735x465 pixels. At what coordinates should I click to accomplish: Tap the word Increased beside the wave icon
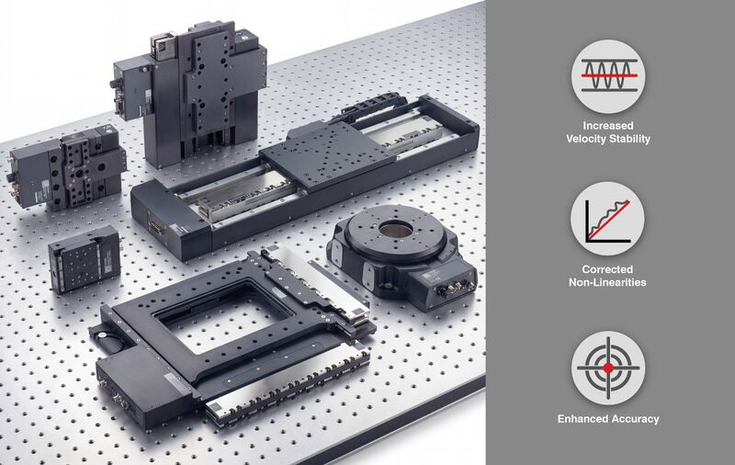[608, 126]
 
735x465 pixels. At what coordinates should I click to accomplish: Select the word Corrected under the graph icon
[607, 269]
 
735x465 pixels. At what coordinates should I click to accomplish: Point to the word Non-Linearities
[607, 282]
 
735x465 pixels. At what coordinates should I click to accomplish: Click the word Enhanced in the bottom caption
[582, 419]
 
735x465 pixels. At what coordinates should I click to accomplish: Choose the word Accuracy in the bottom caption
[634, 419]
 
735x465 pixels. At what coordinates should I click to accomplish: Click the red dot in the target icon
[608, 368]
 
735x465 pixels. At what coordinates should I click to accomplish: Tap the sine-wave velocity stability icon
[608, 76]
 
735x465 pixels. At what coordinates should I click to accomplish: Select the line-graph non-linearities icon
[607, 219]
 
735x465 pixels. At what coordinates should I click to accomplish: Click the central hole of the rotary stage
[396, 229]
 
